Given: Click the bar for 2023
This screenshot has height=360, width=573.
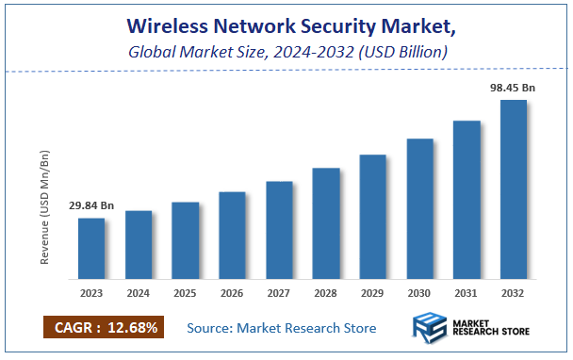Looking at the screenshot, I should click(x=91, y=249).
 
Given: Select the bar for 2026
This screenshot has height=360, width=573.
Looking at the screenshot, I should click(x=232, y=236).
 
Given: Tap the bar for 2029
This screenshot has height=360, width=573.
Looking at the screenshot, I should click(x=373, y=217).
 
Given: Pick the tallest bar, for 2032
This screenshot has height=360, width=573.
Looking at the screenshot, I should click(x=514, y=189).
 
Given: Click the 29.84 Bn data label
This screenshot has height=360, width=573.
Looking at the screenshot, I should click(x=91, y=205).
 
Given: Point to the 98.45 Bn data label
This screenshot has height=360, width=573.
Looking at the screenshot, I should click(x=514, y=87).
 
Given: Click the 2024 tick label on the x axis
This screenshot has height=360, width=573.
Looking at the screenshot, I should click(x=139, y=293).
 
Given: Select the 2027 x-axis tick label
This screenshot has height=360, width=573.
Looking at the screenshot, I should click(x=279, y=293).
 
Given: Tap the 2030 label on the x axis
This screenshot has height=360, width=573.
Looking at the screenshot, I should click(x=419, y=293).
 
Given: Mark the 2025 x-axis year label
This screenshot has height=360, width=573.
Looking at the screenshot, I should click(x=185, y=293).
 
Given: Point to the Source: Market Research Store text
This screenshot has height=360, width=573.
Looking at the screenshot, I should click(x=281, y=328).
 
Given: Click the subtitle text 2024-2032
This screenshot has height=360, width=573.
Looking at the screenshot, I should click(x=302, y=52).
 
